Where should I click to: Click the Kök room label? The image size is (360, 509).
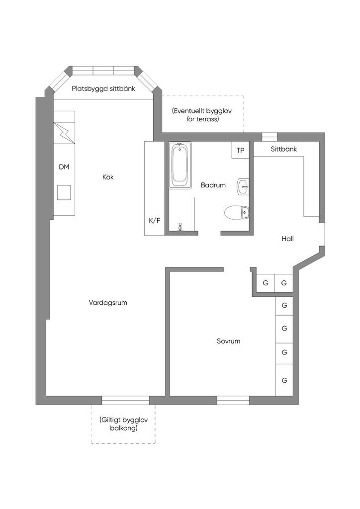click(x=108, y=177)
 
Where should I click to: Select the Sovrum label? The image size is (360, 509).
click(x=228, y=341)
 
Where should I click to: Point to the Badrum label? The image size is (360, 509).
click(x=213, y=185)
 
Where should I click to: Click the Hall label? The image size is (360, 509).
click(x=287, y=239)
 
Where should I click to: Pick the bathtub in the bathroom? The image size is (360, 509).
click(x=180, y=166)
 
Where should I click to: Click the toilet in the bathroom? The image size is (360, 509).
click(x=236, y=213)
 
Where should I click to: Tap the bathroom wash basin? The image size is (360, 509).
click(x=243, y=187)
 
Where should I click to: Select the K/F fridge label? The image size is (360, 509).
click(x=155, y=220)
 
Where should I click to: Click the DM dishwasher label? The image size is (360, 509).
click(x=64, y=167)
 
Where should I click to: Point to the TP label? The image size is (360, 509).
click(x=241, y=150)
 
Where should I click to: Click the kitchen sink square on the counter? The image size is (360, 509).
click(x=64, y=191)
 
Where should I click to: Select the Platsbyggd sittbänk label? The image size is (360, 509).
click(x=103, y=89)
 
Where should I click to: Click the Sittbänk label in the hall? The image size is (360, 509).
click(x=283, y=149)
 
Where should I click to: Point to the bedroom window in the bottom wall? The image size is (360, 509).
click(x=233, y=400)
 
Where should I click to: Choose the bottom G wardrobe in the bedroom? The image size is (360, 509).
click(x=284, y=380)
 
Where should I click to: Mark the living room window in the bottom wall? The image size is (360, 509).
click(x=126, y=400)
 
